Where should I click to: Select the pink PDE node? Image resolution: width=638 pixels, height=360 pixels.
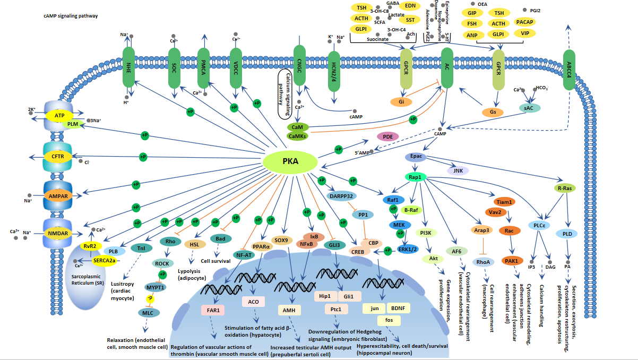387,136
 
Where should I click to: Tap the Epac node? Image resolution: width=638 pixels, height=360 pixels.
416,157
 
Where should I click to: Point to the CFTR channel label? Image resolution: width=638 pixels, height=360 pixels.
57,157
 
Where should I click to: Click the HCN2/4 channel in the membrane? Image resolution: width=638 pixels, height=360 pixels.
334,69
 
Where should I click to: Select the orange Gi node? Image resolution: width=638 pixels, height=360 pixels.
402,101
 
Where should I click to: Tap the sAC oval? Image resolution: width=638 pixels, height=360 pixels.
529,107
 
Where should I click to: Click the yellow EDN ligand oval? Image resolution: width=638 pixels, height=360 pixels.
410,6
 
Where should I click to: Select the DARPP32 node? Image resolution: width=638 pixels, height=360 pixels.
340,196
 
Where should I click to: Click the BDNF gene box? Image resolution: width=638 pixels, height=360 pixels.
401,308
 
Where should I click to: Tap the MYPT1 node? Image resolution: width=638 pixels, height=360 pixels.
156,287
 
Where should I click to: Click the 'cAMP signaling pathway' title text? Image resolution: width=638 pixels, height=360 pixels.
71,16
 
